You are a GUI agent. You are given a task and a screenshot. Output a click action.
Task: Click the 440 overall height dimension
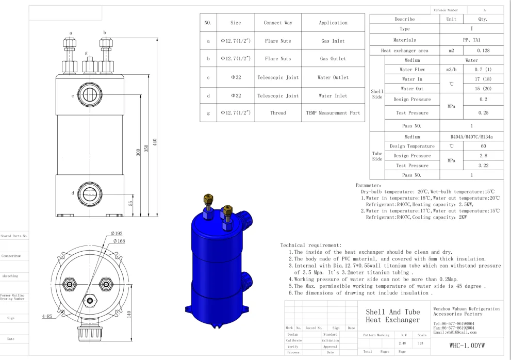[161, 143]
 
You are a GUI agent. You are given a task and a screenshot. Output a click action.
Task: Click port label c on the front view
[73, 95]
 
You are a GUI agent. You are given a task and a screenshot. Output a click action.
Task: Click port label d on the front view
[72, 193]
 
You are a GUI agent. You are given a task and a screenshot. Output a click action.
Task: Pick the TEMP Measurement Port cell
[332, 112]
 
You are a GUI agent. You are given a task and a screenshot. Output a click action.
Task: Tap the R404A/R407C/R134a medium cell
[470, 137]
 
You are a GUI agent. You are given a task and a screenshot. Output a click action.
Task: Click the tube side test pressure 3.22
[482, 166]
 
